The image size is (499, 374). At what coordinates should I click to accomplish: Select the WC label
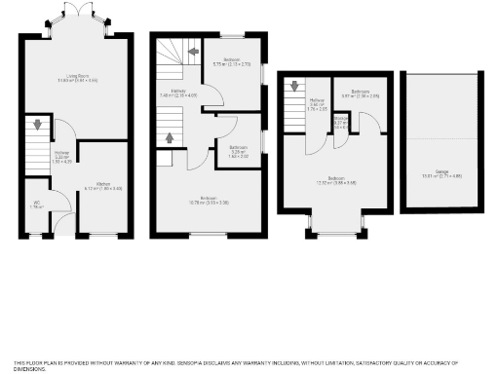click(35, 206)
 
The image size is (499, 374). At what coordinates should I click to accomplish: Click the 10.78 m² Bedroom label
click(208, 201)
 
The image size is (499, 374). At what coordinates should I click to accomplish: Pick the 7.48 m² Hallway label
click(172, 94)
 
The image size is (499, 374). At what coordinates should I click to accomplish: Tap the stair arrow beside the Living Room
click(37, 125)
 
